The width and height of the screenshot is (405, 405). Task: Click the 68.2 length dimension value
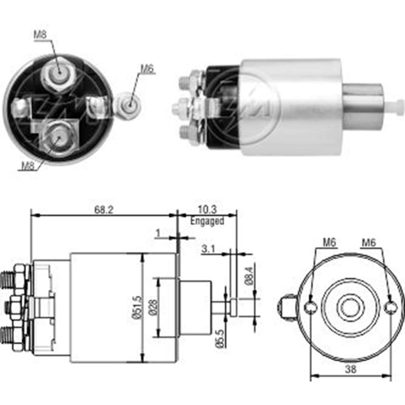pyautogui.click(x=104, y=210)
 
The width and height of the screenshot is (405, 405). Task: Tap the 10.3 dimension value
pyautogui.click(x=207, y=210)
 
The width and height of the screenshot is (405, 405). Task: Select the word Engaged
pyautogui.click(x=207, y=221)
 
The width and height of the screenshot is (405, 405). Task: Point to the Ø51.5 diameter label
pyautogui.click(x=137, y=308)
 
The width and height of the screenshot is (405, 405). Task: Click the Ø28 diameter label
pyautogui.click(x=153, y=308)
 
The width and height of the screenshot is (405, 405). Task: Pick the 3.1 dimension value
pyautogui.click(x=208, y=249)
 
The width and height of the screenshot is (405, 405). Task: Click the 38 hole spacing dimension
pyautogui.click(x=350, y=369)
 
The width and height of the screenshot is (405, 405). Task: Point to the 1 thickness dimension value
pyautogui.click(x=158, y=233)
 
